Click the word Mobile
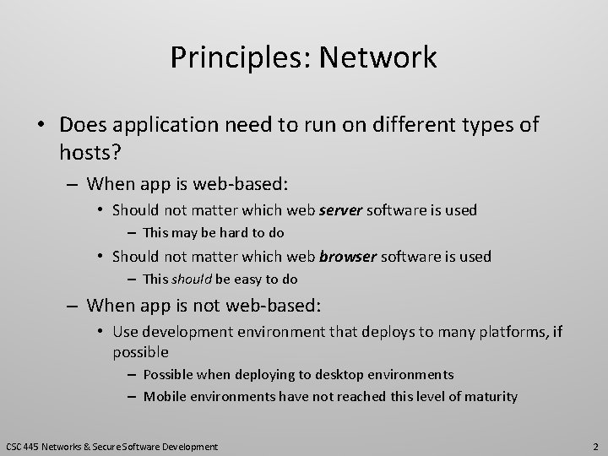coord(166,396)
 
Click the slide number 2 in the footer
coord(595,446)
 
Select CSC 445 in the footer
coord(23,446)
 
